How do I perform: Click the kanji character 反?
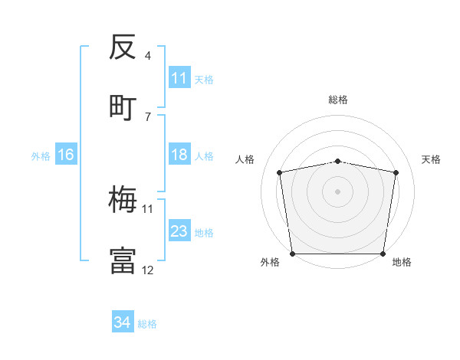(x=123, y=47)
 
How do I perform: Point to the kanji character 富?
(x=123, y=260)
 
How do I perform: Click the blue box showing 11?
(x=179, y=78)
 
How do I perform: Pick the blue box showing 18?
(x=179, y=155)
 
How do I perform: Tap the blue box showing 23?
(x=179, y=231)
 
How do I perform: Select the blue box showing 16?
(x=66, y=155)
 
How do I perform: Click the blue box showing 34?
(x=123, y=323)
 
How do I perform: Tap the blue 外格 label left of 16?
(x=41, y=155)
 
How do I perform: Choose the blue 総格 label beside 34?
(x=147, y=324)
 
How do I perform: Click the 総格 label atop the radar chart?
(x=338, y=100)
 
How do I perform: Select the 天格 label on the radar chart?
(x=432, y=159)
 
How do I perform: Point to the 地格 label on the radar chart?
(x=402, y=262)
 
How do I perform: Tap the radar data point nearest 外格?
(x=292, y=254)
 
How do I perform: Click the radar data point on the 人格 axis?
(x=280, y=172)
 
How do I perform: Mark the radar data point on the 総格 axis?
(x=338, y=161)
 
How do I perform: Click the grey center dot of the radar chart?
(x=338, y=191)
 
